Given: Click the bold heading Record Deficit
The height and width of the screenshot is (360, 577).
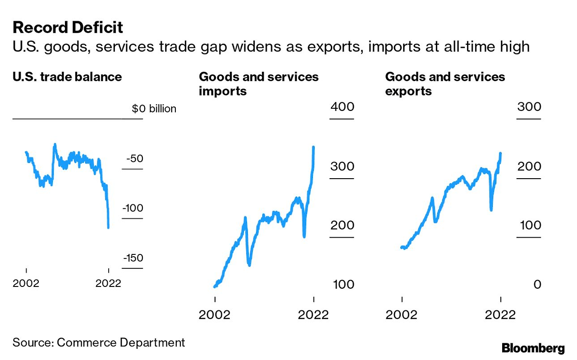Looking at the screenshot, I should [68, 28].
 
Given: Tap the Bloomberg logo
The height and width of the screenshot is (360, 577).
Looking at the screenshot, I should [533, 348].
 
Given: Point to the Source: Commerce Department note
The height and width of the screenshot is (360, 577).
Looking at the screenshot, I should [99, 342].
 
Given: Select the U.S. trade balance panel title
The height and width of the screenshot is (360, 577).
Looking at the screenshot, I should [67, 77].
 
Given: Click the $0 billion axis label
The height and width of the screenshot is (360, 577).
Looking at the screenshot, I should [154, 109].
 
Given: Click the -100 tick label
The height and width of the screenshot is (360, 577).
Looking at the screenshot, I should [132, 208].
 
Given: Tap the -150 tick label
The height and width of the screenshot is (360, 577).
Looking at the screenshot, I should [132, 258].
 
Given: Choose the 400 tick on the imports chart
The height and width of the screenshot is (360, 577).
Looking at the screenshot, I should [343, 107].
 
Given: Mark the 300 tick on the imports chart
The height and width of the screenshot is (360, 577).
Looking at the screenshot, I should [343, 166].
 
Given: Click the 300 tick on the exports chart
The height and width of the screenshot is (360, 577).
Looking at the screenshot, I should [529, 107].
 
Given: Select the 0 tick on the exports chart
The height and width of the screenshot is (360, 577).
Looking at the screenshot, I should [536, 285].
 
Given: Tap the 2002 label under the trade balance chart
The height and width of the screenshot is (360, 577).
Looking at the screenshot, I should [27, 283].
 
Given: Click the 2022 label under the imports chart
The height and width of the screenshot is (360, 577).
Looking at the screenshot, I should [313, 314].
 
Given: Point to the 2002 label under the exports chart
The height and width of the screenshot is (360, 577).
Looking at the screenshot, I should [402, 314].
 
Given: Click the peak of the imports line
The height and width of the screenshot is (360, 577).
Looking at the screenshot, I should [313, 147].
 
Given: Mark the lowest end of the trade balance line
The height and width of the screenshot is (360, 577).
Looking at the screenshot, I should [108, 227].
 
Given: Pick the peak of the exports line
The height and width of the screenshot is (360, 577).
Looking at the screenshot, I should [500, 153].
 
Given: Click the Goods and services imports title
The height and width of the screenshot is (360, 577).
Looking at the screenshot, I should [259, 83].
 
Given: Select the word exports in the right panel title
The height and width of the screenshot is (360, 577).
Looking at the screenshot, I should [408, 91].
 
